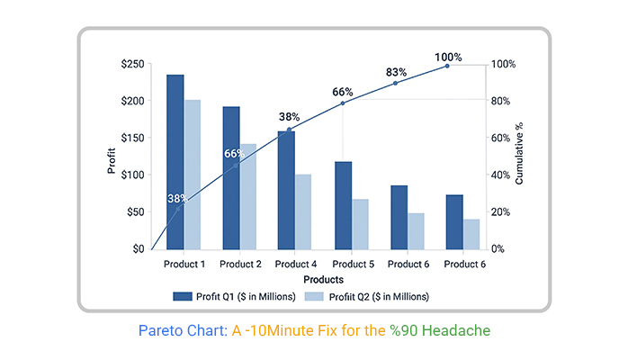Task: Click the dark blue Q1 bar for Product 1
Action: [x=175, y=162]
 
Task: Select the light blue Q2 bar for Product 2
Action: [x=248, y=196]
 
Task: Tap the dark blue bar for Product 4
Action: [x=286, y=190]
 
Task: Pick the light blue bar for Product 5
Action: [x=361, y=224]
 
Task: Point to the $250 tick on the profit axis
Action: [x=132, y=64]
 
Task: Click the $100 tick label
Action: [x=132, y=175]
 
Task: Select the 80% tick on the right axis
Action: [x=500, y=101]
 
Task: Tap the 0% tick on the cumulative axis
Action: [x=498, y=249]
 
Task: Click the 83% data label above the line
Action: [x=396, y=72]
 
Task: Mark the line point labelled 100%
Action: [x=447, y=66]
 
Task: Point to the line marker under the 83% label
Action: [x=395, y=84]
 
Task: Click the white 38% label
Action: [x=177, y=198]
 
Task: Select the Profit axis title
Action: [x=112, y=160]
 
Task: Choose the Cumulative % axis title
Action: [x=519, y=153]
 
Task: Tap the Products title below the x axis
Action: [x=323, y=280]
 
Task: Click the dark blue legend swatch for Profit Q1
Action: [x=183, y=296]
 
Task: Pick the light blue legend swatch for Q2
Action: [x=314, y=296]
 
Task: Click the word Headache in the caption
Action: [x=456, y=331]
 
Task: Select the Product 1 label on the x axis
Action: [x=184, y=265]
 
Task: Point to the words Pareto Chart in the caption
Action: [x=183, y=331]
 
